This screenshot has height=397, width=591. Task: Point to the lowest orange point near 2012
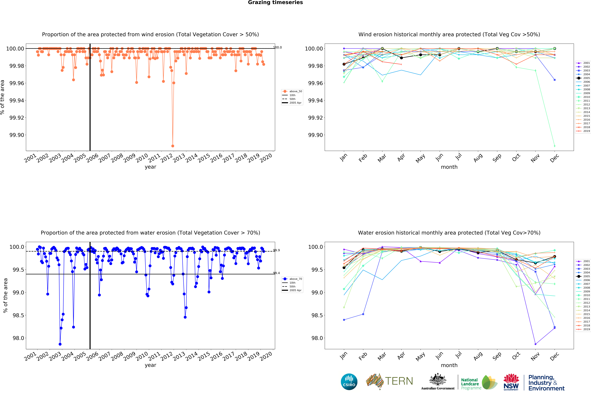point(173,146)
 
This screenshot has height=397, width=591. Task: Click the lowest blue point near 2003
point(60,344)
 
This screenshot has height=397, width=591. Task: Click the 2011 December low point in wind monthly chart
point(555,146)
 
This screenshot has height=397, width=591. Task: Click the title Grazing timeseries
point(275,3)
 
